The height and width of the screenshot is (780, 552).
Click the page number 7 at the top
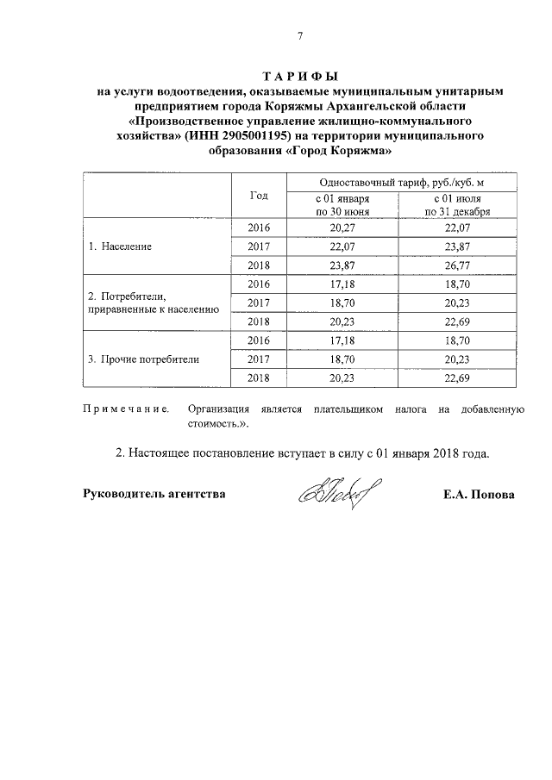click(300, 35)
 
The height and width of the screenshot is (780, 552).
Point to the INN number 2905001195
click(253, 136)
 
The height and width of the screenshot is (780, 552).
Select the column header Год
click(259, 196)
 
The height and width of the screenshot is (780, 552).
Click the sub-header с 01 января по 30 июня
click(342, 205)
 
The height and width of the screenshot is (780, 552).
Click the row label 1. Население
click(121, 246)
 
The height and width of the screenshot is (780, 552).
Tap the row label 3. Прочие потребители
click(143, 359)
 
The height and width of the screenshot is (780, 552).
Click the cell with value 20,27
click(342, 228)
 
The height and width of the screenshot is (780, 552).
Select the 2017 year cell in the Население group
click(259, 246)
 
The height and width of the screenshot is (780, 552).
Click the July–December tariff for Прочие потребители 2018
click(457, 378)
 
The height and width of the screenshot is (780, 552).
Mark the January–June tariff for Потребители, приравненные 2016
click(342, 284)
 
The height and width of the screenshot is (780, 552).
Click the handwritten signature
click(332, 494)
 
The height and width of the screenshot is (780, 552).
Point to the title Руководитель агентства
click(154, 495)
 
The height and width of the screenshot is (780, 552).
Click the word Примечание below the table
click(126, 410)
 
